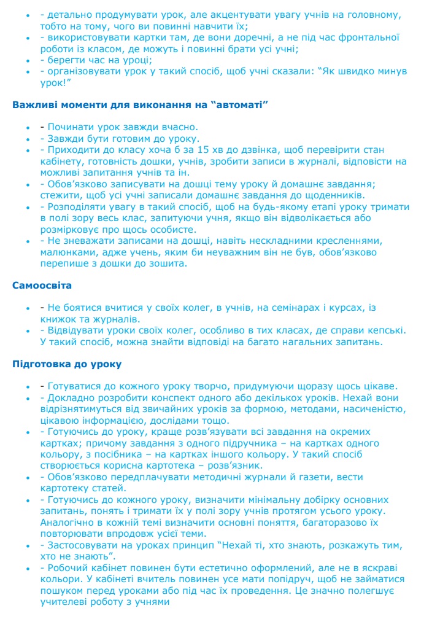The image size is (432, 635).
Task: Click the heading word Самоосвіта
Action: click(x=42, y=285)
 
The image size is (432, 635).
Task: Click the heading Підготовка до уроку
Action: click(x=67, y=364)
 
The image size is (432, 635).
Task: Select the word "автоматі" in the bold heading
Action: click(x=239, y=104)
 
